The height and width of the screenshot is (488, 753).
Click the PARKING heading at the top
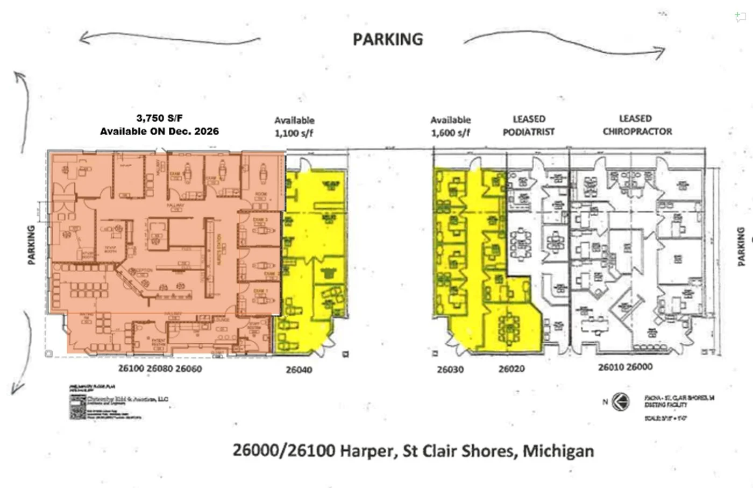[x=387, y=39]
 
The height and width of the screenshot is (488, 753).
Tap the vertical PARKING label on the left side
[x=31, y=245]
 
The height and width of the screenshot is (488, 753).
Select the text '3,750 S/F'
[x=160, y=118]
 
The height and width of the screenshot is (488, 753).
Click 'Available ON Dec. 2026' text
[x=159, y=131]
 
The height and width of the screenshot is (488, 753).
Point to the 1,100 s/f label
[x=294, y=133]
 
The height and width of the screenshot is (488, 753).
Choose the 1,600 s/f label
[x=450, y=132]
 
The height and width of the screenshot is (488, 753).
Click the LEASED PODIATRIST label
[x=528, y=125]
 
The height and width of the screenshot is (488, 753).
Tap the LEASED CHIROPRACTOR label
[x=637, y=125]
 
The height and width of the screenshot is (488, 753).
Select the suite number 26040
[x=299, y=370]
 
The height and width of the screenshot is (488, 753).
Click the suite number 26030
[x=450, y=370]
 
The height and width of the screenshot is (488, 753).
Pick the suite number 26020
[x=512, y=369]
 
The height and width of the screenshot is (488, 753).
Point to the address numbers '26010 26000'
[x=625, y=367]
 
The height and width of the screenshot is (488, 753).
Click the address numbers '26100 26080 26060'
[x=160, y=369]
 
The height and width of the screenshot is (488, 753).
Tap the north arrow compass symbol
[x=621, y=401]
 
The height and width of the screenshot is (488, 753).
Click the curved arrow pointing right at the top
[x=565, y=43]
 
